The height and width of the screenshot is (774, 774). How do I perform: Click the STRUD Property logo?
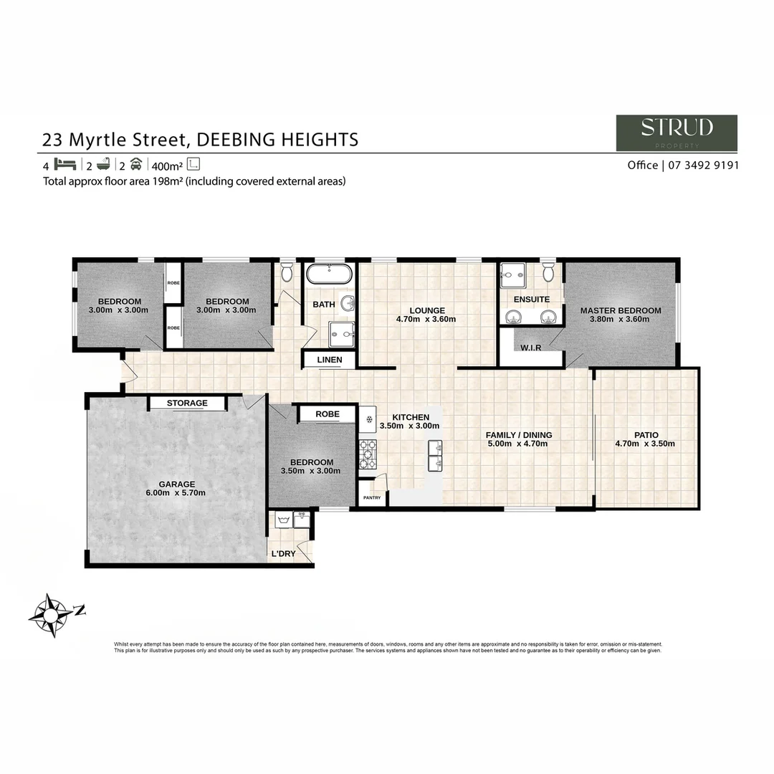tap(676, 133)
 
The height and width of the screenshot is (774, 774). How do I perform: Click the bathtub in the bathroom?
tap(329, 275)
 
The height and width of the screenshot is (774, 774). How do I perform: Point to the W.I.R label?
tap(531, 348)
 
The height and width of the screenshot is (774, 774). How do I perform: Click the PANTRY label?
tap(371, 498)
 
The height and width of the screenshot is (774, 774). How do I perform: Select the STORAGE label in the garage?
tap(187, 403)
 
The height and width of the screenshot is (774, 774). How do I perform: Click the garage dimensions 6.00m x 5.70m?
tap(177, 493)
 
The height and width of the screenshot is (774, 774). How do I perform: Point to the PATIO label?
tap(646, 435)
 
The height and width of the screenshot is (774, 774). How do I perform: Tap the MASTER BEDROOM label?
tap(621, 310)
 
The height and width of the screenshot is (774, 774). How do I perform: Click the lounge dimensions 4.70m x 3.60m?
tap(426, 320)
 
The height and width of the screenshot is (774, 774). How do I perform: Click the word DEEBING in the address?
tap(231, 139)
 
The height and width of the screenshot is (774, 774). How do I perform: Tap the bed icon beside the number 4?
tap(65, 164)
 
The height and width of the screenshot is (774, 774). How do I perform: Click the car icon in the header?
tap(135, 164)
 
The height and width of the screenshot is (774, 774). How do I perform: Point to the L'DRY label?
tap(283, 554)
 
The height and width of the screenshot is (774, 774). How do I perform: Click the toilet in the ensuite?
tap(548, 272)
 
